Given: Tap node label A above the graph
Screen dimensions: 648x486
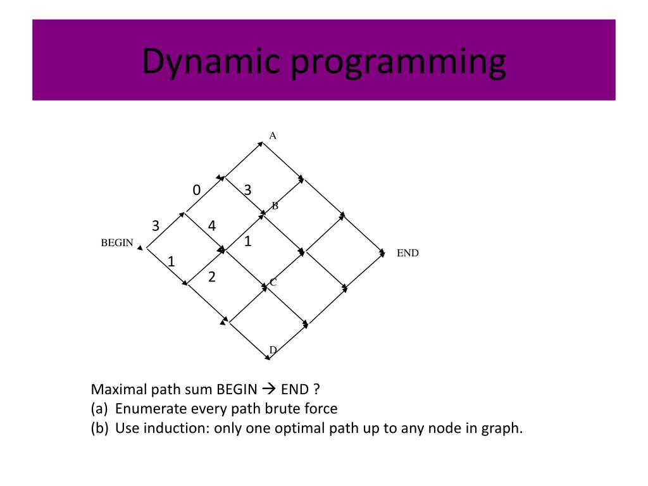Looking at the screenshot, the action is point(273,135).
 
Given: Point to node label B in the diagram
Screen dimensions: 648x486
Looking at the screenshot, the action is point(275,206).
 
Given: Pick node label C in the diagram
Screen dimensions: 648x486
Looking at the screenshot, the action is point(273,282).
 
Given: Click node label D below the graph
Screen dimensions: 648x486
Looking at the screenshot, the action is point(273,350).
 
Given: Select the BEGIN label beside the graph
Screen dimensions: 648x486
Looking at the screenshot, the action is point(117,243).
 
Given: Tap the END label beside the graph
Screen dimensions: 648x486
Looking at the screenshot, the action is point(408,253).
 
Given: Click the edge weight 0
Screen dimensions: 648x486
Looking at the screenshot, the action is point(197,190).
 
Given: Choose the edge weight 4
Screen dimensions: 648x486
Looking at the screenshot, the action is point(212,225).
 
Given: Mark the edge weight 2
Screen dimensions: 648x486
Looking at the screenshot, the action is point(212,277).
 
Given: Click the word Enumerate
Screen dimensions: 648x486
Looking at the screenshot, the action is point(149,409).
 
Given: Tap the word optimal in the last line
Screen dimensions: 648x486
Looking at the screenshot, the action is point(300,428).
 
